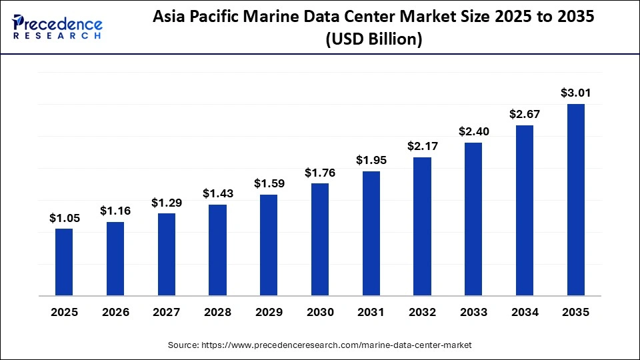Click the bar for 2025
tap(64, 262)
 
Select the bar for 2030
tap(320, 239)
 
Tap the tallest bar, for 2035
tap(575, 199)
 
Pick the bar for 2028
tap(217, 250)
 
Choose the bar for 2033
tap(473, 219)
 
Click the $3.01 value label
tap(575, 92)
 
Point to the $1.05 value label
tap(64, 217)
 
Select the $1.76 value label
tap(320, 173)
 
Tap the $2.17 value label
tap(422, 146)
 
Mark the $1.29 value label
tap(166, 202)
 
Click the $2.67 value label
tap(524, 114)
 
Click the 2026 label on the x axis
tap(115, 312)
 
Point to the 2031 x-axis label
tap(371, 312)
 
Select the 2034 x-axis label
tap(524, 312)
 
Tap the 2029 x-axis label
tap(269, 312)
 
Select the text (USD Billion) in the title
tap(373, 39)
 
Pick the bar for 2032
tap(422, 227)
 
